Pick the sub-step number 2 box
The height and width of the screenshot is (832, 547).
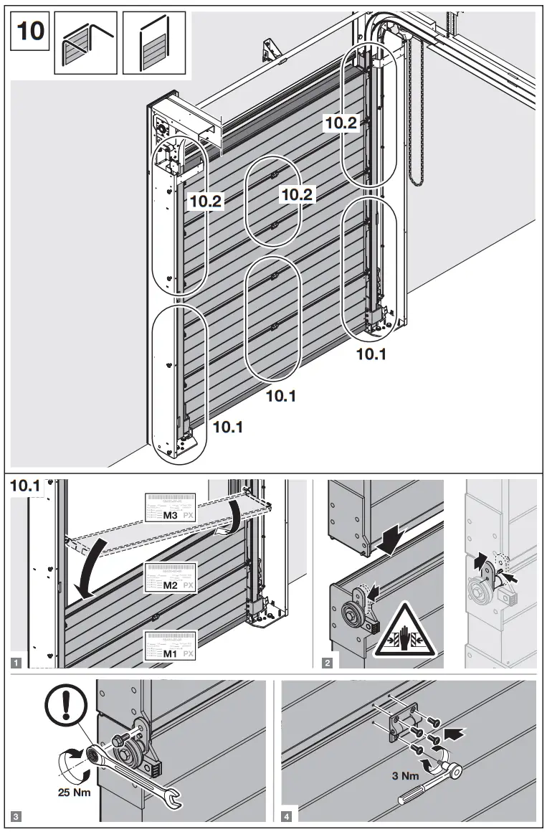327,662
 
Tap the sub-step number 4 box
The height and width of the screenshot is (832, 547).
287,815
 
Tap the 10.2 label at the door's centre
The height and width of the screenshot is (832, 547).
295,194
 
